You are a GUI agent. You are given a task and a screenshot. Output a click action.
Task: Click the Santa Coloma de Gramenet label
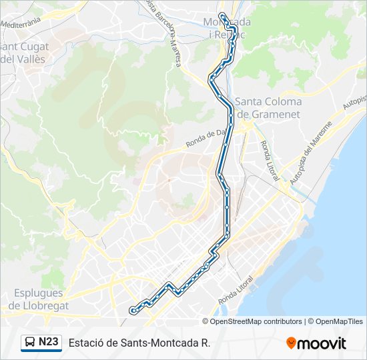point(268,108)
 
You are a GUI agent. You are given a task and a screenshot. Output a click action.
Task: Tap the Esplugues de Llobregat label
point(37,299)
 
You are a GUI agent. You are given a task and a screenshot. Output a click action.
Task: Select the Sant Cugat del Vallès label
point(24,53)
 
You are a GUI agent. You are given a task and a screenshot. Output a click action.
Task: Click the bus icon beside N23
point(29,343)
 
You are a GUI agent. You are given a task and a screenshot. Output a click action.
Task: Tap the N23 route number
point(49,343)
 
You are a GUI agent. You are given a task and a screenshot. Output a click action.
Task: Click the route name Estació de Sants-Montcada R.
point(139,343)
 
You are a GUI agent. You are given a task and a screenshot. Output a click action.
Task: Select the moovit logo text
point(322,343)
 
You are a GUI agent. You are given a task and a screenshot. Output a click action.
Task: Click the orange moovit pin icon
point(291,343)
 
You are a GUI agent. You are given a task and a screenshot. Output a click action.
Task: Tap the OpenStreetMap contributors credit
point(256,321)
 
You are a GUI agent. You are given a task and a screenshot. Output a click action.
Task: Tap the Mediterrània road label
point(21,22)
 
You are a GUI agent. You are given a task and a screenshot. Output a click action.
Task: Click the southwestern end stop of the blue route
point(133,310)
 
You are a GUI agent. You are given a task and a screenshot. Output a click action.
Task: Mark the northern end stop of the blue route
point(222,15)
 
